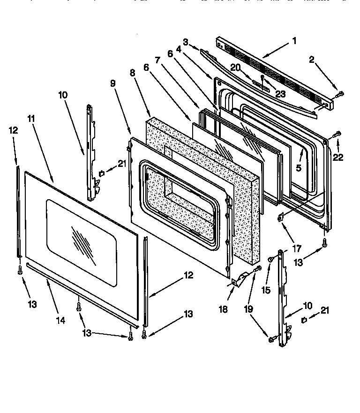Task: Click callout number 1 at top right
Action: coord(294,41)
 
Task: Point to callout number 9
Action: coord(112,83)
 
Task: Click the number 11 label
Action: coord(31,119)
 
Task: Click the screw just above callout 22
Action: coord(336,135)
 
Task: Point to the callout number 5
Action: coord(298,166)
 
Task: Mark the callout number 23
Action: coord(280,94)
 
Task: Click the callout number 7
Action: coord(157,60)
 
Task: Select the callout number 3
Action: coord(186,42)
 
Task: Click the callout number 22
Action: coord(338,158)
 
